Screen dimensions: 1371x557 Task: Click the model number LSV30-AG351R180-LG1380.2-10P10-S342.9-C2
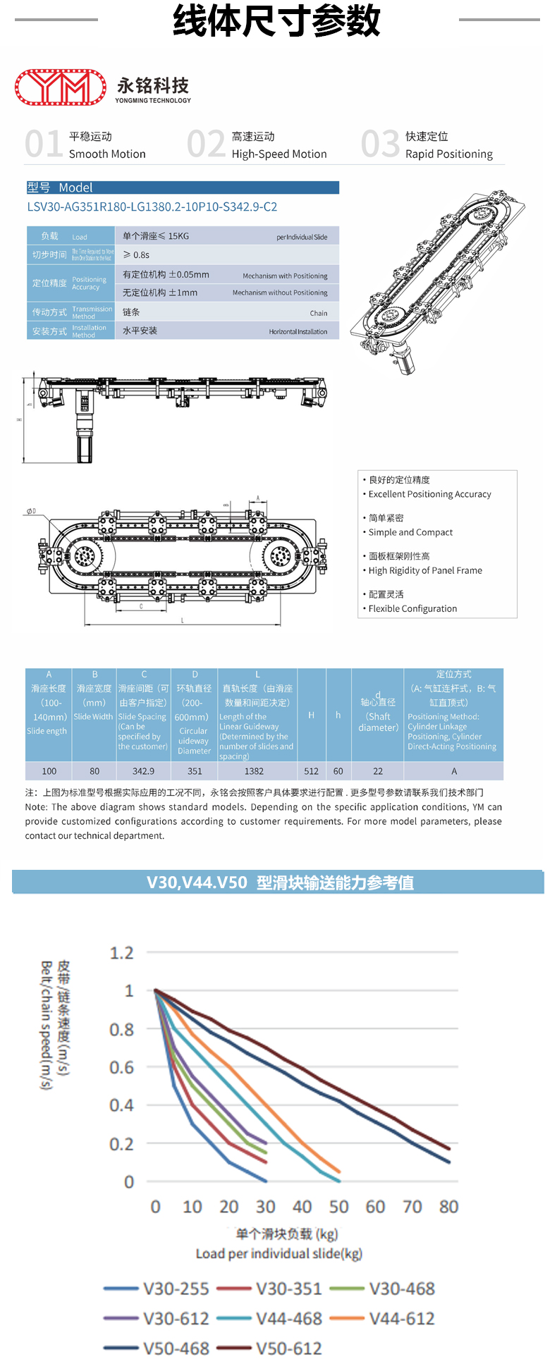coord(152,207)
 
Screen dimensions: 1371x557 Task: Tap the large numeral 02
coord(206,144)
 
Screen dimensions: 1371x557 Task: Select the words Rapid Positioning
coord(448,154)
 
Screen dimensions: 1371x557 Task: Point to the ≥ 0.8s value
coord(136,254)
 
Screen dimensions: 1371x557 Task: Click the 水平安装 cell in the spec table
coord(140,331)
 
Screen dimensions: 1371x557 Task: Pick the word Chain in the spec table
coord(318,313)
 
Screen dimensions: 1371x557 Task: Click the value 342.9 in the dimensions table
coord(143,771)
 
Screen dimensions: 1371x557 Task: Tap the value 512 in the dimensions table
coord(311,771)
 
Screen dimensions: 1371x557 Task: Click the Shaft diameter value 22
coord(378,771)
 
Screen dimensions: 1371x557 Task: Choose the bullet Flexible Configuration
coord(412,608)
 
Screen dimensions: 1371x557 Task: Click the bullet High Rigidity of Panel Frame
coord(425,570)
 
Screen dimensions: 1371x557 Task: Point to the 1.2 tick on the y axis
coord(121,953)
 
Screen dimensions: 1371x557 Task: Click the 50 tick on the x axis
coord(338,1207)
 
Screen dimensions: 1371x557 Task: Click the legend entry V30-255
coord(176,1289)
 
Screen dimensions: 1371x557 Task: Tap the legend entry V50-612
coord(289,1348)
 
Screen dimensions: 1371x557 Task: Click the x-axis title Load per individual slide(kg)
coord(278,1253)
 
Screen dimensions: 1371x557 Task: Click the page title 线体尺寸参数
coord(277,20)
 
